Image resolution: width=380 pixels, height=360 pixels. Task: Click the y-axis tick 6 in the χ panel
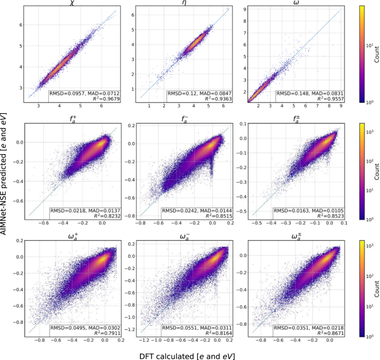pyautogui.click(x=21, y=25)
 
